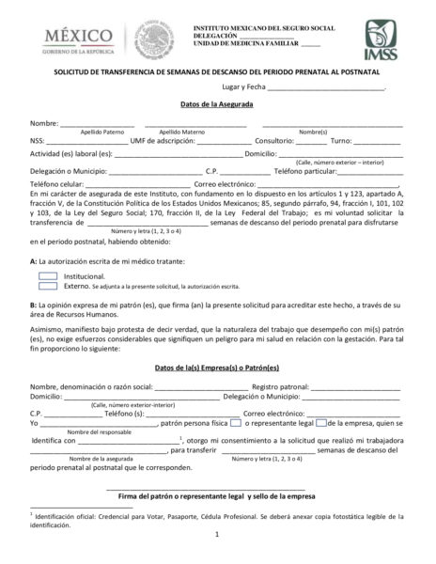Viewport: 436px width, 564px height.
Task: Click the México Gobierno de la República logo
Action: point(70,38)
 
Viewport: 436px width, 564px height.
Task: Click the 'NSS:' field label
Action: point(38,140)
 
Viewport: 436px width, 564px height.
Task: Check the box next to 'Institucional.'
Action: point(49,275)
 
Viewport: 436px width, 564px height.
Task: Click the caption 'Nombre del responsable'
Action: point(100,431)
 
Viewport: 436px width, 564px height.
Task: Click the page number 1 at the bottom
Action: point(216,536)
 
